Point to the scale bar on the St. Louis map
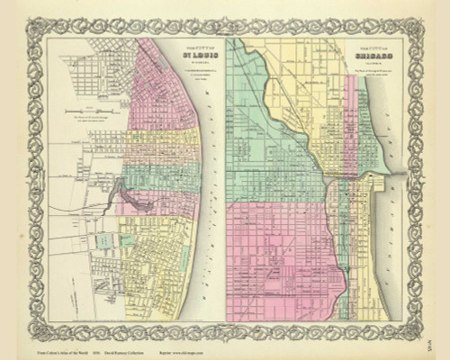tap(91, 110)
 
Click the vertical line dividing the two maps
tap(225, 180)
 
